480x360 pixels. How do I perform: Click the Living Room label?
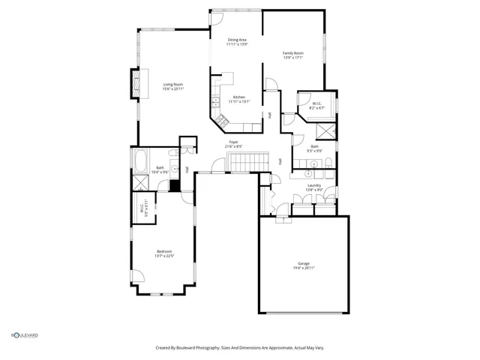pos(173,84)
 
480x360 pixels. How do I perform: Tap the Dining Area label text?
pos(237,40)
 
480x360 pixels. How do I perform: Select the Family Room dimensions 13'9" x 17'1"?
pos(292,57)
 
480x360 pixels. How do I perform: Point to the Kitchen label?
pos(238,97)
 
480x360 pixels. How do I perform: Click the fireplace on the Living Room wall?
pos(136,84)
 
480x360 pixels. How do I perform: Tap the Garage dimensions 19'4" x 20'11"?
pos(304,268)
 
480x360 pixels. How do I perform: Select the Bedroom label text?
pos(164,250)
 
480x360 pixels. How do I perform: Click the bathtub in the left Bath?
pos(141,160)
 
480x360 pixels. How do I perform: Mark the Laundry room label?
pos(314,185)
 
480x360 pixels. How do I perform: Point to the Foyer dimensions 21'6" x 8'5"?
pos(235,146)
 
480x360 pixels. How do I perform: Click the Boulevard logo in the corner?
pos(24,335)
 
